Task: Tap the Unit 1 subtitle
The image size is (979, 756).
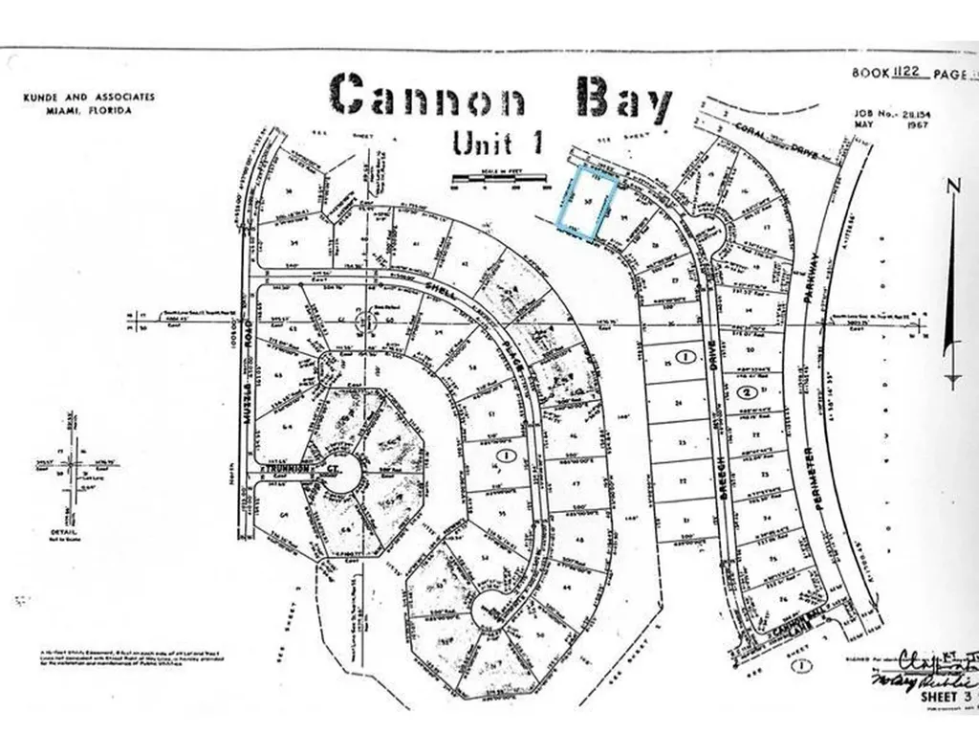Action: tap(498, 143)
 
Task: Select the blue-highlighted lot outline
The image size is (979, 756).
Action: tap(583, 201)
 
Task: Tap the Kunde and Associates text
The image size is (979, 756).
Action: tap(88, 98)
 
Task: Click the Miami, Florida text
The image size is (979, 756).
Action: tap(88, 110)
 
